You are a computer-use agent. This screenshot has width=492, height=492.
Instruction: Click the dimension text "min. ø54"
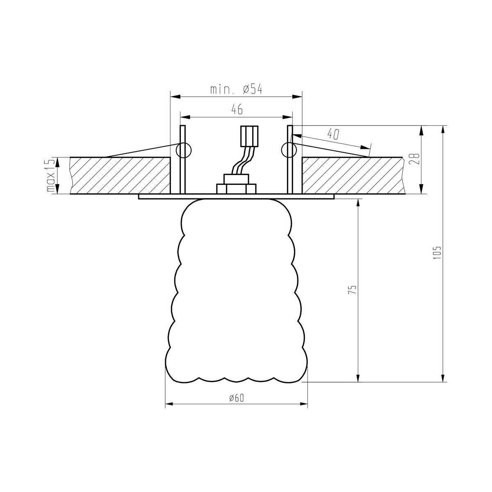pyautogui.click(x=236, y=89)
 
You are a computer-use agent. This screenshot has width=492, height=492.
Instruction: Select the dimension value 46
pyautogui.click(x=237, y=109)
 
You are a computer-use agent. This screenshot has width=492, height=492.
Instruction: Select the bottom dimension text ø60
pyautogui.click(x=237, y=398)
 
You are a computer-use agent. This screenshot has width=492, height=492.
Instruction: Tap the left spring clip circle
pyautogui.click(x=184, y=150)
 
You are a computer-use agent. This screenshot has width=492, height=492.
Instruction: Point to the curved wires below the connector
pyautogui.click(x=244, y=162)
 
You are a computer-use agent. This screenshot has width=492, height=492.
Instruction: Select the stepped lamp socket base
pyautogui.click(x=236, y=184)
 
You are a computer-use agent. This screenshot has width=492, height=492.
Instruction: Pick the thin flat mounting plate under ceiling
pyautogui.click(x=236, y=197)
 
